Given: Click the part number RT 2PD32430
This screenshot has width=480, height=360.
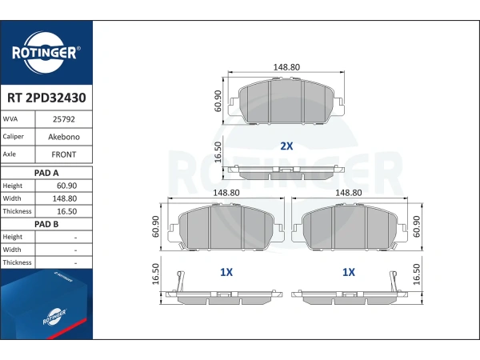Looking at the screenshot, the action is (x=46, y=98).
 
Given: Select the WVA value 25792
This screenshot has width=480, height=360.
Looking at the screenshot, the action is (x=64, y=119).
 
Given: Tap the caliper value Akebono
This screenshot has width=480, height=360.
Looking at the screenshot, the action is (x=64, y=137).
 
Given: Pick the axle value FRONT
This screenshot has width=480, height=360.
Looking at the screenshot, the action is (x=64, y=154).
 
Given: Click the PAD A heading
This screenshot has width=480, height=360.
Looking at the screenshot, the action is (x=46, y=173).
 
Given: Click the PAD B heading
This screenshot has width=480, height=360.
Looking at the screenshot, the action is (x=46, y=224).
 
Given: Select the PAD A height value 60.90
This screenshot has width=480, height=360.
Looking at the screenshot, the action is (x=66, y=186).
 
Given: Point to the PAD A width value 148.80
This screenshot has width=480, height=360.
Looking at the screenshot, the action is (x=65, y=198).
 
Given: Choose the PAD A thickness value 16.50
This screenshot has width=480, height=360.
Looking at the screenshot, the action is (x=66, y=211).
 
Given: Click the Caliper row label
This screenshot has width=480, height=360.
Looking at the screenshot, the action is (x=13, y=137).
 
